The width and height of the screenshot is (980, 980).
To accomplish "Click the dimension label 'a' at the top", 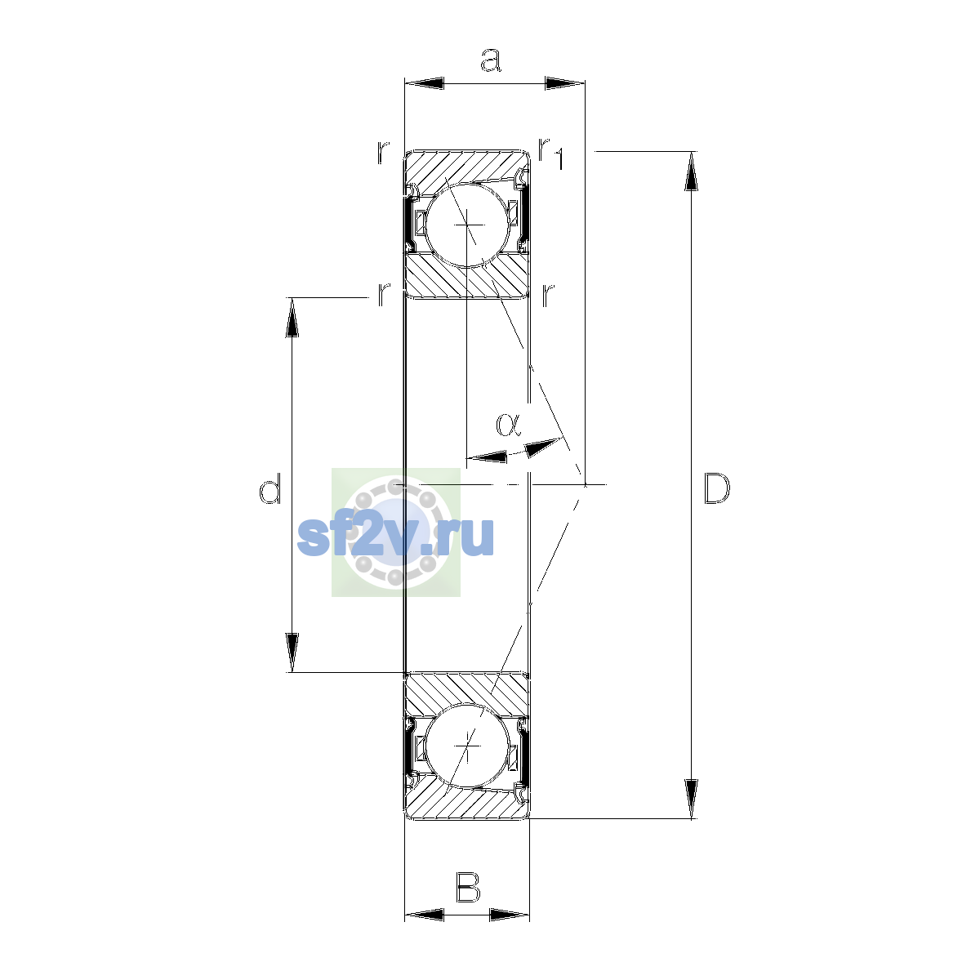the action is tap(491, 60).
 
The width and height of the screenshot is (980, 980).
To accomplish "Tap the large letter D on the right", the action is tap(716, 488).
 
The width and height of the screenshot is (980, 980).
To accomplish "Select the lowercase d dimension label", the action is tap(270, 488).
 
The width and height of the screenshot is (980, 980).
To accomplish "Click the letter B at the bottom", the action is tap(468, 887).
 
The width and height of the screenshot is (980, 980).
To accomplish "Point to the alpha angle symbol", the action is tap(508, 425).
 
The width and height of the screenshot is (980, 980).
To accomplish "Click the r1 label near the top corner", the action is tap(551, 153).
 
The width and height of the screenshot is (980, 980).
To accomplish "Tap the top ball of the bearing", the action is tap(467, 225).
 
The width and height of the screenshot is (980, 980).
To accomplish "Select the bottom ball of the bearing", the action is tap(467, 746).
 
